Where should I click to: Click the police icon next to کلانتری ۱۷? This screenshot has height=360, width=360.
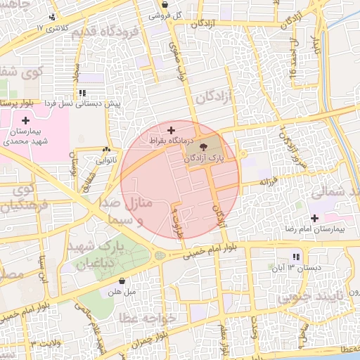coord(51,17)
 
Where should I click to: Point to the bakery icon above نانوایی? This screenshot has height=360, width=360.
coord(106,149)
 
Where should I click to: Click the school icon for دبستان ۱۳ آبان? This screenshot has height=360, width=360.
coord(295,257)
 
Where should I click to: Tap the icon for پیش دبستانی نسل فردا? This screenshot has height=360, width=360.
coord(83,92)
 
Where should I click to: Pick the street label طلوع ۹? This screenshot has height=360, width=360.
coord(176,219)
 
